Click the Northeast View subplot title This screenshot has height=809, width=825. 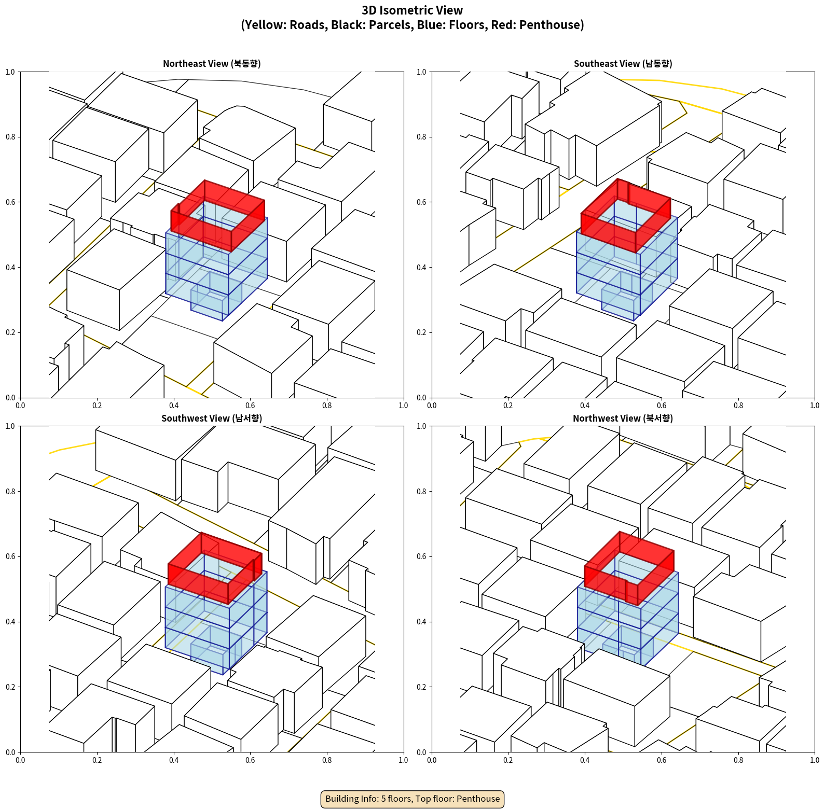point(212,63)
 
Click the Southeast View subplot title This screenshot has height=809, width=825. point(623,63)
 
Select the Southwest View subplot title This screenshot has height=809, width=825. point(212,418)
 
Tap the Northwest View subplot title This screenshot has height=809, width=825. point(623,418)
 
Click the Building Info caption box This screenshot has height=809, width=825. point(412,799)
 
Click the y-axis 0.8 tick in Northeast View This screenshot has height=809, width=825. point(10,137)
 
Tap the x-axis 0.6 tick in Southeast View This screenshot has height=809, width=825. point(662,406)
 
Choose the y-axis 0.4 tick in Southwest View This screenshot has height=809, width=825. point(10,621)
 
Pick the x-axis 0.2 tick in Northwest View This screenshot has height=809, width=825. point(508,760)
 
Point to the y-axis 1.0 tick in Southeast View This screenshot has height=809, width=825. point(421,72)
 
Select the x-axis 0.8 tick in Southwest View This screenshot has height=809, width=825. point(327,760)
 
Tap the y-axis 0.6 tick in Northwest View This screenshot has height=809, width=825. point(421,556)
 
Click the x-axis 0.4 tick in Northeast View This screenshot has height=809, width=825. point(174,406)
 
